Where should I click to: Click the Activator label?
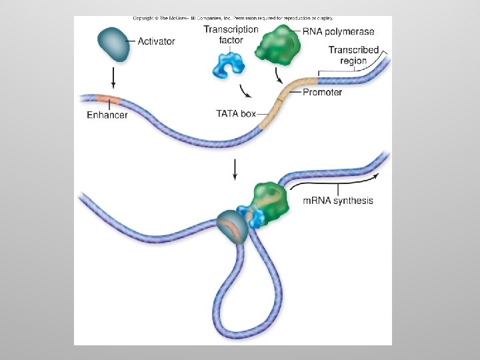(156, 41)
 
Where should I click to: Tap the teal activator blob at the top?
(115, 42)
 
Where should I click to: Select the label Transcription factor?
(231, 34)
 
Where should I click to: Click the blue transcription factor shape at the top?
(228, 64)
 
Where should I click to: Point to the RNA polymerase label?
(338, 31)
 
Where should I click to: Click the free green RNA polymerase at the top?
(282, 41)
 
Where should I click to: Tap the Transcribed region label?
(354, 55)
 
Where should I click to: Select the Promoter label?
(322, 92)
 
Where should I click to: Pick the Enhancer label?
(107, 115)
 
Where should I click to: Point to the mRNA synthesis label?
(338, 201)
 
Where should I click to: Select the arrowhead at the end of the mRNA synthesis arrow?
(378, 175)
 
